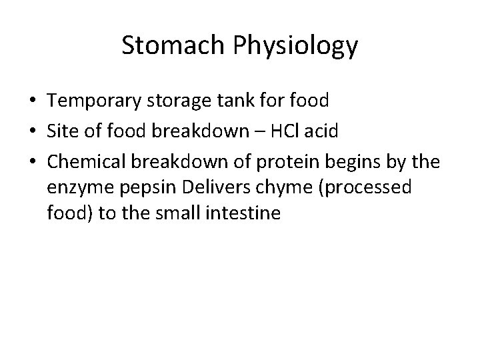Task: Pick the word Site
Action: (x=61, y=131)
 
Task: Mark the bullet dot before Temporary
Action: (x=33, y=102)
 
